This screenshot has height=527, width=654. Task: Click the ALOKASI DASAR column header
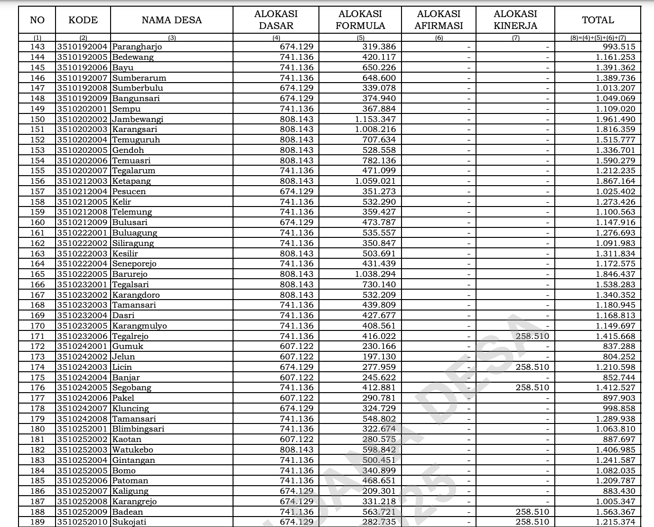276,20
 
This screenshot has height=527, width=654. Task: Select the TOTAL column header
598,20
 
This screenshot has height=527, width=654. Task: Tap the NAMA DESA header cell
171,20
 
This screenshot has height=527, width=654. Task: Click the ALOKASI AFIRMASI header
439,20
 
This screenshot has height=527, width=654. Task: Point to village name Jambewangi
138,119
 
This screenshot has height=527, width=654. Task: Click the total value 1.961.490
615,119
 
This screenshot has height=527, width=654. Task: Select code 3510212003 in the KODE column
83,181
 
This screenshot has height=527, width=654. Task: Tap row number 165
37,274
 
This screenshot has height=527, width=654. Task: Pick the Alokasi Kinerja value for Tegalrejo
532,336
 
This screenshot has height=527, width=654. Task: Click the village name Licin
122,367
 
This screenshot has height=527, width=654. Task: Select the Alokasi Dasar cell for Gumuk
297,346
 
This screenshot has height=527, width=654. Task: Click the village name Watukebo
132,450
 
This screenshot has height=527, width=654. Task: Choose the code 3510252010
83,522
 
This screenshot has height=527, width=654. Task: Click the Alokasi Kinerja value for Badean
532,512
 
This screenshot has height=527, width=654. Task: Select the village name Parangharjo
137,47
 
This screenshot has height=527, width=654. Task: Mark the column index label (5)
360,38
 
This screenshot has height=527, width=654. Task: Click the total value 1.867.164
615,181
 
